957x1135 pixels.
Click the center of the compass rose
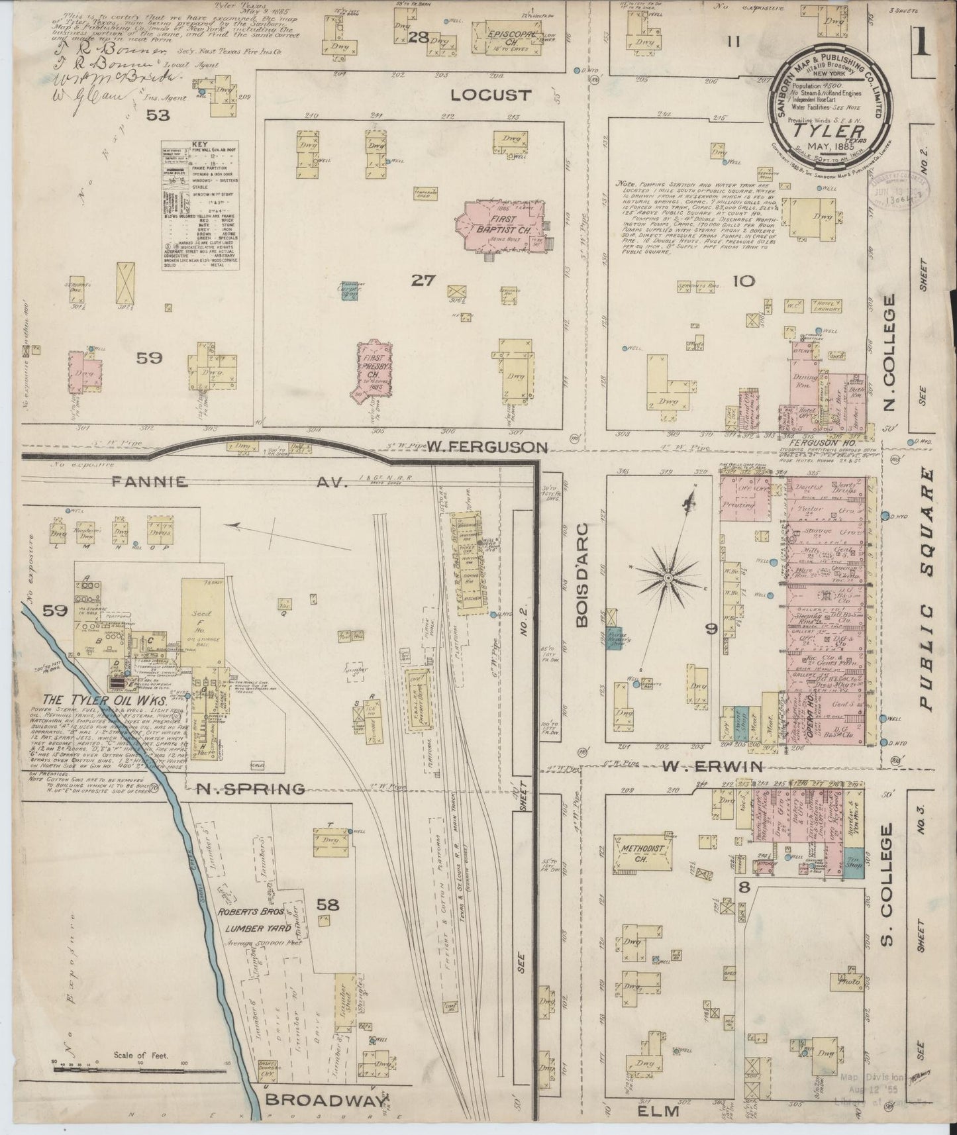coord(669,578)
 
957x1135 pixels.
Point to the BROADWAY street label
coord(325,1100)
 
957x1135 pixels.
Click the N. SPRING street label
coord(250,789)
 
